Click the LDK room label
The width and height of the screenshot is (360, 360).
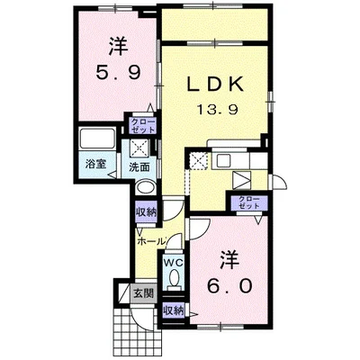[215, 85]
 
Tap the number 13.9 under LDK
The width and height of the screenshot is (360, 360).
[218, 110]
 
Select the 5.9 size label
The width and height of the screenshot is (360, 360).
[118, 72]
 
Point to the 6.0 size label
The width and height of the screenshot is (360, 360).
[229, 286]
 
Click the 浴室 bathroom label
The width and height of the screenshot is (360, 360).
[95, 164]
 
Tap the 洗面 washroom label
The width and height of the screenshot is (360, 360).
[139, 167]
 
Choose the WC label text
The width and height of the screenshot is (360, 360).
[173, 263]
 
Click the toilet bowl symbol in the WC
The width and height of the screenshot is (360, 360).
[174, 277]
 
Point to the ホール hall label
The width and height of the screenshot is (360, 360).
[151, 241]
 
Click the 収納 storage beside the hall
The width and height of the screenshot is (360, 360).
[147, 212]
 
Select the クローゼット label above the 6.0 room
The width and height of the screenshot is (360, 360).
[249, 203]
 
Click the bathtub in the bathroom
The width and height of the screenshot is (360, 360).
[97, 139]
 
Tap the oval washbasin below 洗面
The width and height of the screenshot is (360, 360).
[145, 188]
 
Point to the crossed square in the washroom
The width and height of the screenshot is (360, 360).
[139, 148]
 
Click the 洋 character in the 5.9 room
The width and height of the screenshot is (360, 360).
[119, 46]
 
